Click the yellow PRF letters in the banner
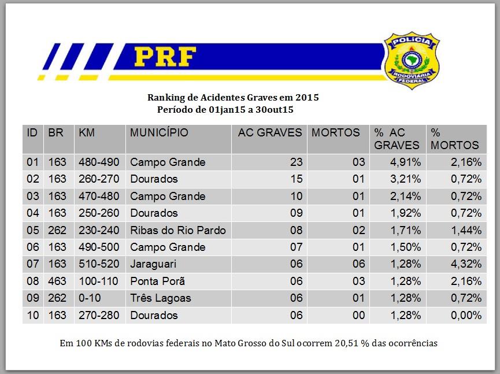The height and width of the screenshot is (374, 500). (x=165, y=57)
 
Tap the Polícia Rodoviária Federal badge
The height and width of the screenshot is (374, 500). (x=412, y=60)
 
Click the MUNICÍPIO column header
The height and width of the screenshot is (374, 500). (x=159, y=132)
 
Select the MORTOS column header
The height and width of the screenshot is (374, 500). (x=335, y=132)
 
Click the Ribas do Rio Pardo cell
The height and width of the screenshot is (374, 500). (x=177, y=230)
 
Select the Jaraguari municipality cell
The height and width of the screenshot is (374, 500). (x=153, y=264)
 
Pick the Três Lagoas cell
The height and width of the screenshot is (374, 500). (x=160, y=298)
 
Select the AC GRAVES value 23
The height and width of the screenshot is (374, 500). (x=296, y=162)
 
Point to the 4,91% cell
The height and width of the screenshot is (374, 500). (x=405, y=162)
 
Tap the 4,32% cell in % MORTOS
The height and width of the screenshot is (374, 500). (x=466, y=264)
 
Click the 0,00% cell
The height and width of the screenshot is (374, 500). (x=466, y=316)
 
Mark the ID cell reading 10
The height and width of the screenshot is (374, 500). (x=32, y=316)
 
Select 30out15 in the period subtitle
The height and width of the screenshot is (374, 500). (x=283, y=109)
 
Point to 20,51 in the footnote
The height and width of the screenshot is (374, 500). (x=347, y=343)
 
